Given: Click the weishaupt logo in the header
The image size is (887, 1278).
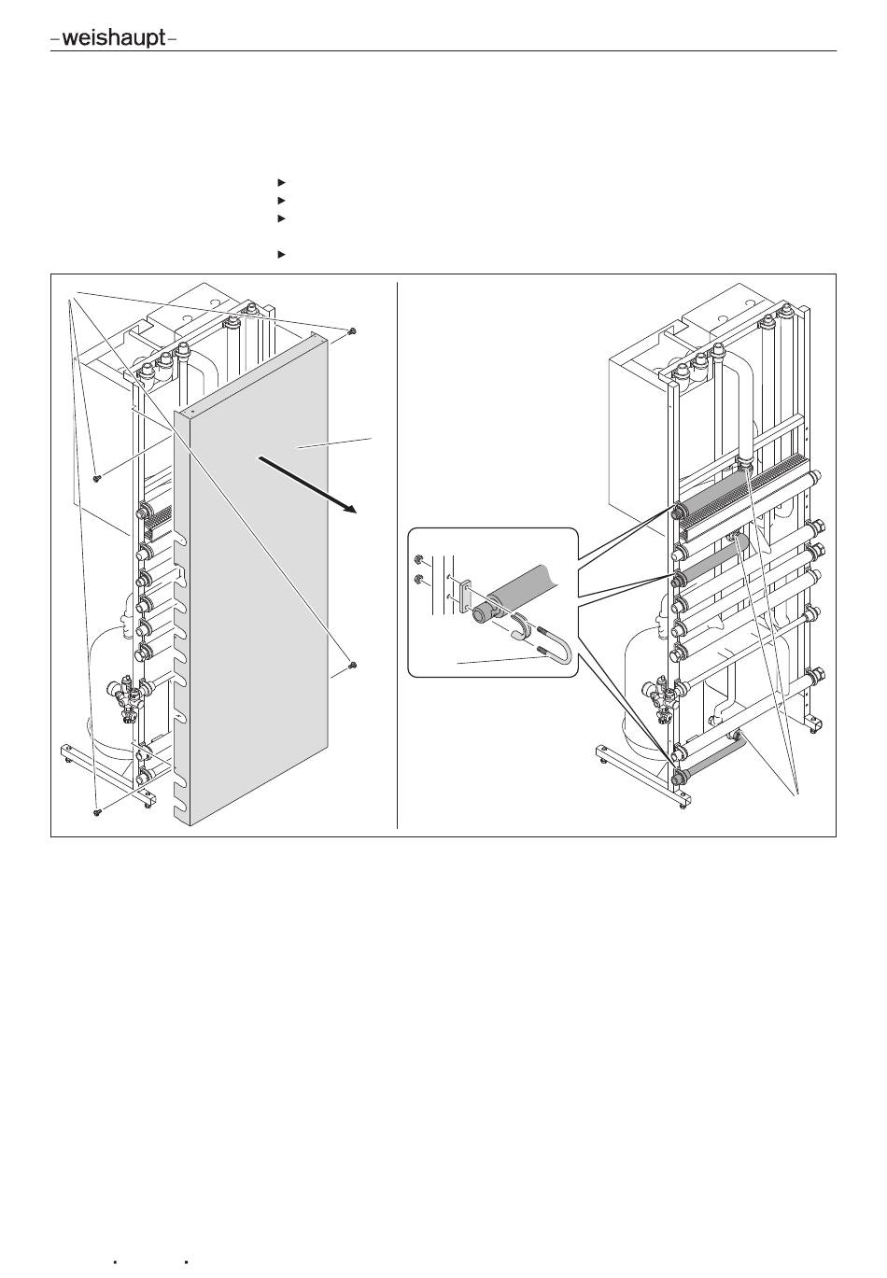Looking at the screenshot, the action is click(114, 39).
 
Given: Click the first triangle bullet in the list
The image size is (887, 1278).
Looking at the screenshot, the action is click(281, 183).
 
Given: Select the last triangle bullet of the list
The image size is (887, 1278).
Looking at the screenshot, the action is click(281, 255).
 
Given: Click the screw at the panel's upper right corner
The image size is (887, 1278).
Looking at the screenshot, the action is click(352, 330).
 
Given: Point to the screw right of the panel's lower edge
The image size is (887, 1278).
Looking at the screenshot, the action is click(352, 665).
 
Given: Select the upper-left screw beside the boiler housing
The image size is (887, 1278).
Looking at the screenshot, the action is click(97, 478).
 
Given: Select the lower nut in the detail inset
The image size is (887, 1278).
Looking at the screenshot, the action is click(417, 581).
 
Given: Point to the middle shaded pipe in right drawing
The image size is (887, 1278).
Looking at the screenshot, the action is click(711, 561).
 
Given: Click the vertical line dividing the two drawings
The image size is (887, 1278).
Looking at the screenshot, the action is click(397, 555).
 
